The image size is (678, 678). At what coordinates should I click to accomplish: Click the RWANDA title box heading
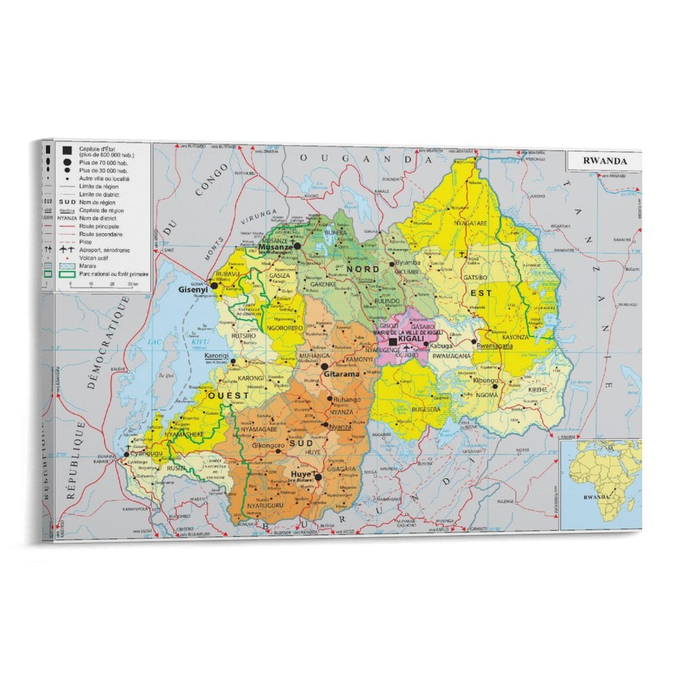tap(605, 161)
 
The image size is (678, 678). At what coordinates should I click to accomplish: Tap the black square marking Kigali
tap(393, 342)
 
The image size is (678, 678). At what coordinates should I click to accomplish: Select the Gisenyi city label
tap(193, 290)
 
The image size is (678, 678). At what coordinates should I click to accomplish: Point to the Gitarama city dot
tap(325, 367)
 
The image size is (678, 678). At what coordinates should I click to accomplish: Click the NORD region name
tap(363, 269)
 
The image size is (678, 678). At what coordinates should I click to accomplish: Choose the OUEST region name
tap(228, 395)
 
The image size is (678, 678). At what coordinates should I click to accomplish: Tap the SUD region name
tap(301, 443)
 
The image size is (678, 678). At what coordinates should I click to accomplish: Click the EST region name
tap(481, 293)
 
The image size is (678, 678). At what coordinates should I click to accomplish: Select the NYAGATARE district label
tap(470, 223)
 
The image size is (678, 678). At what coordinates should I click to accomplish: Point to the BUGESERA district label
tap(426, 410)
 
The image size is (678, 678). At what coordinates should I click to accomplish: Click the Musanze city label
tap(275, 247)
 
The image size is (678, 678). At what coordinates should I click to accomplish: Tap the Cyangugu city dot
tap(126, 454)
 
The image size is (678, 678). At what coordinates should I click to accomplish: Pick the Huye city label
tap(301, 474)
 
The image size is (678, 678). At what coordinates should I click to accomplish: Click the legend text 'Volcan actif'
tap(94, 258)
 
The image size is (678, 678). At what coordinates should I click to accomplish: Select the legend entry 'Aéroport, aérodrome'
tap(104, 250)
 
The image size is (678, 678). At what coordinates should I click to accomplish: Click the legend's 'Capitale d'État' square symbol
tap(67, 151)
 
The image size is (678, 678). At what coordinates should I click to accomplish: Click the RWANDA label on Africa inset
tap(596, 497)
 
